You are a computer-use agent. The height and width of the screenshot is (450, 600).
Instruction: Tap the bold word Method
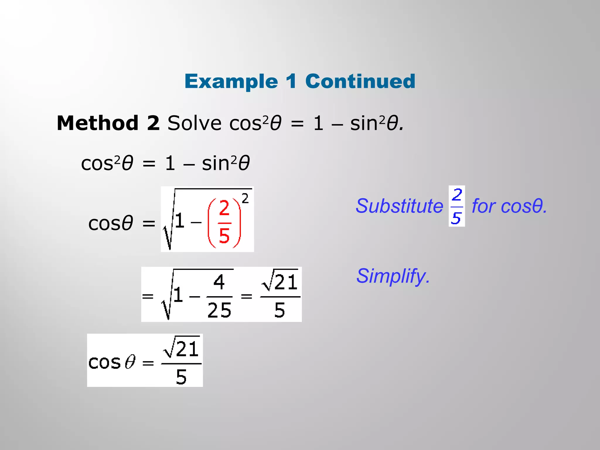pyautogui.click(x=98, y=123)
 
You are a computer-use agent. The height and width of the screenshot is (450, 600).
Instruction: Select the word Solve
pyautogui.click(x=194, y=123)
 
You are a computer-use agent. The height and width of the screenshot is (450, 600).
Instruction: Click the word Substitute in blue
pyautogui.click(x=399, y=206)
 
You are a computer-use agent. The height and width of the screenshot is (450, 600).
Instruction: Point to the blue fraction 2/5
pyautogui.click(x=456, y=206)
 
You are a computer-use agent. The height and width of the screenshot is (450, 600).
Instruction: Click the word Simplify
pyautogui.click(x=393, y=276)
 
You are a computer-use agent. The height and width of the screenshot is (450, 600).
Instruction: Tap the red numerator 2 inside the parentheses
pyautogui.click(x=224, y=208)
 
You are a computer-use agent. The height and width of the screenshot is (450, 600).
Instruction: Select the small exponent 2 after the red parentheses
pyautogui.click(x=245, y=199)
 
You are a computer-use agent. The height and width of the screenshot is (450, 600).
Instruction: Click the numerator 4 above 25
pyautogui.click(x=219, y=282)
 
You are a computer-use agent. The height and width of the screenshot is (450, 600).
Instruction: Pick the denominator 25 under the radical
pyautogui.click(x=219, y=310)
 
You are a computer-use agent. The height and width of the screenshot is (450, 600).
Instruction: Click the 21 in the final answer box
pyautogui.click(x=188, y=349)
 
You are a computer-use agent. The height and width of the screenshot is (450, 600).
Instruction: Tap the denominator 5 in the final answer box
pyautogui.click(x=181, y=377)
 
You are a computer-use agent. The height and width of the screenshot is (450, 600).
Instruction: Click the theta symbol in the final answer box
pyautogui.click(x=130, y=362)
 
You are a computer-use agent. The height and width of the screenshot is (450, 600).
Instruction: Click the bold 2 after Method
pyautogui.click(x=153, y=123)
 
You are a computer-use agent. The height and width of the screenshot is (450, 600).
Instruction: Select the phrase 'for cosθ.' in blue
pyautogui.click(x=509, y=206)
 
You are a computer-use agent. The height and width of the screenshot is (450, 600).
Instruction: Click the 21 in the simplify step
pyautogui.click(x=286, y=282)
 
